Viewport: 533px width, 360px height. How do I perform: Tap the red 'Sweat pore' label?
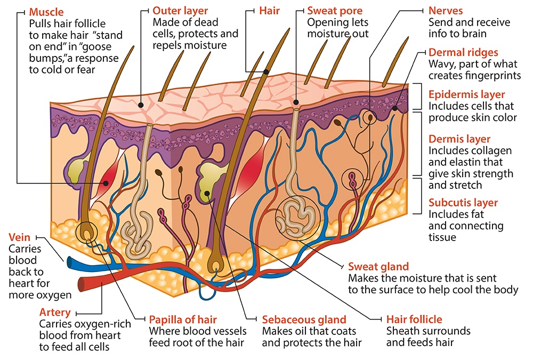335,10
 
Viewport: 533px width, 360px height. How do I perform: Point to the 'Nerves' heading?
446,10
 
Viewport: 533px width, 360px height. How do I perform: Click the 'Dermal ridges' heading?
463,52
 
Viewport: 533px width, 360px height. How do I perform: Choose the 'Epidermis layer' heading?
467,94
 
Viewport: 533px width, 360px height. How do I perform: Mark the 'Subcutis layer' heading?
463,203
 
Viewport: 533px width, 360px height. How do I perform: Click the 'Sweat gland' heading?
378,266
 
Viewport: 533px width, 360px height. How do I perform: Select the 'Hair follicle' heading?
414,319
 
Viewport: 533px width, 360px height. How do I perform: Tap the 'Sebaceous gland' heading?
304,319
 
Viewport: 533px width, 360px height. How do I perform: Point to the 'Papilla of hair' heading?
182,319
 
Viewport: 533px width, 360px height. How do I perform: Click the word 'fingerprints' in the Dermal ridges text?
491,75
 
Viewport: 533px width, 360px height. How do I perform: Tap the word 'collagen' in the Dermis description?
493,150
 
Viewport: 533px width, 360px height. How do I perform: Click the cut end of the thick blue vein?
69,262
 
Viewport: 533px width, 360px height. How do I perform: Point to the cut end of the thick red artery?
82,281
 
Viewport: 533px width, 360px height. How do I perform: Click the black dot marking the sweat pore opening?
295,101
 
